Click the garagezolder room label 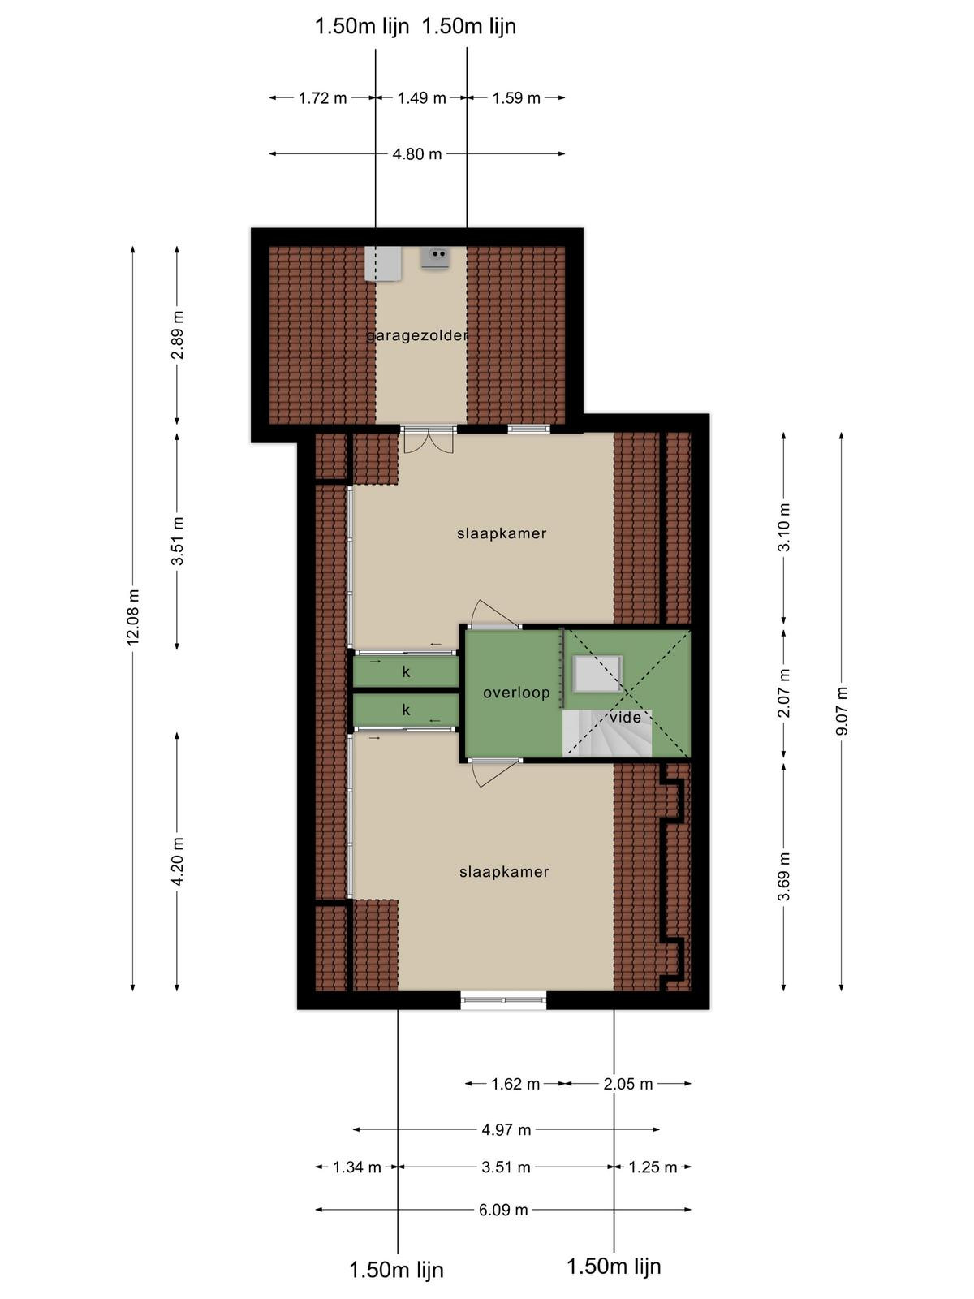click(417, 335)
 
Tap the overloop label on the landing click(516, 693)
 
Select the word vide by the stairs click(626, 717)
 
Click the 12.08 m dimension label click(133, 617)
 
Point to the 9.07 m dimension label click(841, 711)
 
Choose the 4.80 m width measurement click(417, 154)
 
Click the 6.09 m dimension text click(503, 1210)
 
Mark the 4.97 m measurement click(506, 1129)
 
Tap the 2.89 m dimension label click(178, 334)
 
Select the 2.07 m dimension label click(783, 693)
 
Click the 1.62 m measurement click(515, 1084)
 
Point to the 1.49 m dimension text click(421, 97)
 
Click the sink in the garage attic click(437, 257)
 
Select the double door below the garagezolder click(429, 440)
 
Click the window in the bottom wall click(504, 1001)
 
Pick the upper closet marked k click(406, 671)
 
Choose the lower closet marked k click(406, 710)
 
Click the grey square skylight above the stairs click(597, 674)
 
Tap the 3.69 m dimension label click(783, 877)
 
